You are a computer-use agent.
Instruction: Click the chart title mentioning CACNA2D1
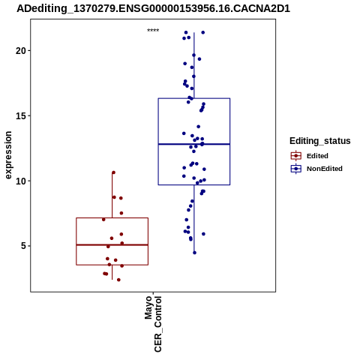(153, 9)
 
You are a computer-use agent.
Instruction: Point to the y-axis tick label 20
(21, 51)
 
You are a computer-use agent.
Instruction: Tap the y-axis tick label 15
(21, 116)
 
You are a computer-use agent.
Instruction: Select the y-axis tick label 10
(21, 181)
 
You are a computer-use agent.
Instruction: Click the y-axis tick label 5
(23, 246)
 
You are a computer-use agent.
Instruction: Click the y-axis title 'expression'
(8, 155)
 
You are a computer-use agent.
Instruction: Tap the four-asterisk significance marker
(153, 31)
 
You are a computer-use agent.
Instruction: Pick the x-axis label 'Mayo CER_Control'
(153, 324)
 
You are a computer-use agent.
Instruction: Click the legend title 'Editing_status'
(319, 141)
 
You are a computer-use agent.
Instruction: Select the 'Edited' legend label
(317, 156)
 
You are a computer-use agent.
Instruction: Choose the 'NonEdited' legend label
(325, 169)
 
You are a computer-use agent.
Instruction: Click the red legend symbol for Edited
(296, 156)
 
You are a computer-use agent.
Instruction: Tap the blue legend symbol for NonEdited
(296, 169)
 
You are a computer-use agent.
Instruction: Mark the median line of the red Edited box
(112, 244)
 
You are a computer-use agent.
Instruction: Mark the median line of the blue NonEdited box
(194, 144)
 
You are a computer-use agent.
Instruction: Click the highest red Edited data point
(113, 172)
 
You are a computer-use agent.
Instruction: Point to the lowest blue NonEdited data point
(194, 253)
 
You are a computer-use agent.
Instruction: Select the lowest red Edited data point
(118, 280)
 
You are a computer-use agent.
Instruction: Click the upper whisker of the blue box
(194, 65)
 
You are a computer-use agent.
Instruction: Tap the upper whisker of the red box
(112, 195)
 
